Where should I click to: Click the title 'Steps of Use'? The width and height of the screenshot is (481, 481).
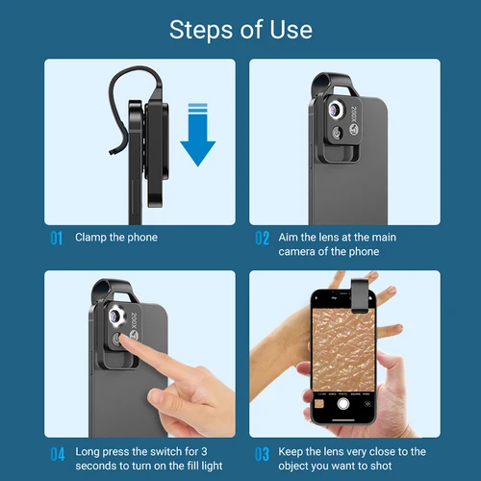pyautogui.click(x=240, y=29)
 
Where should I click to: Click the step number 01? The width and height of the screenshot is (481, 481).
pyautogui.click(x=56, y=238)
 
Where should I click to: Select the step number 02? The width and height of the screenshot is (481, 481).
pyautogui.click(x=262, y=238)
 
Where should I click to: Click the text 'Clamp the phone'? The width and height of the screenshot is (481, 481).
pyautogui.click(x=115, y=238)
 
